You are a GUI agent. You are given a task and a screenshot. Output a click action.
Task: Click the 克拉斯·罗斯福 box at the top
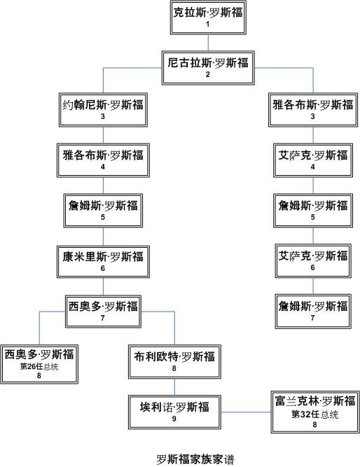coord(208,18)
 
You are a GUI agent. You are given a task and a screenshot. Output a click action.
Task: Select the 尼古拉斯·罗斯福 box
coord(208,68)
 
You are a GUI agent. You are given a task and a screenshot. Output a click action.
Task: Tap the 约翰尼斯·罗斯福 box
coord(103,110)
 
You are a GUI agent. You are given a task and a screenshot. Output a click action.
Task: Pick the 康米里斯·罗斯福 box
coord(103,261)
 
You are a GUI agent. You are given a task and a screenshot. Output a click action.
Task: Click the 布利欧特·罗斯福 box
coord(174,362)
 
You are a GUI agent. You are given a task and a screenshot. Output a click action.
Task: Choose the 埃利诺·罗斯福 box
coord(174,412)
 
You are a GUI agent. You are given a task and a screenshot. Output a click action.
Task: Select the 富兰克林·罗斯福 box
coord(315,412)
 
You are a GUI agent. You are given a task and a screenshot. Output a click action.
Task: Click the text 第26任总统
coord(39,366)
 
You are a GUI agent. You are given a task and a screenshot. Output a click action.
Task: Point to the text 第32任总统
coord(314,414)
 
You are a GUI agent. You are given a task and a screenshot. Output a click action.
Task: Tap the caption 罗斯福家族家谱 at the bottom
coord(195,459)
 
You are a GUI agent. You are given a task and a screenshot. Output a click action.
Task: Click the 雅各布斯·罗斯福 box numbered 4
coord(103,160)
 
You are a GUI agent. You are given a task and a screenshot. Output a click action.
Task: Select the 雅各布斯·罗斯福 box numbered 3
coord(313,110)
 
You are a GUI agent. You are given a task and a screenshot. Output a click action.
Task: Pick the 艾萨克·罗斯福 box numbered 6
coord(313,261)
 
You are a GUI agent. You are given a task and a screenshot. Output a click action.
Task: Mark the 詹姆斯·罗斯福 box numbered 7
coord(313,312)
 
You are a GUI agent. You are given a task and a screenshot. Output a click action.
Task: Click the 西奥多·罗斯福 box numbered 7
coord(103,312)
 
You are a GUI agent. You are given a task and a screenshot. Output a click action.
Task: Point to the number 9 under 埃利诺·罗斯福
coord(174,419)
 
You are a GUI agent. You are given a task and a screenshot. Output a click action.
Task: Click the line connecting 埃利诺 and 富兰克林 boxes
coord(246,412)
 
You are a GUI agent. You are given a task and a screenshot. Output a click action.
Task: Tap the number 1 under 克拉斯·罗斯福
coord(208,24)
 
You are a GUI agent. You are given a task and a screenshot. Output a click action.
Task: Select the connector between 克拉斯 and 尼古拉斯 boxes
coord(208,43)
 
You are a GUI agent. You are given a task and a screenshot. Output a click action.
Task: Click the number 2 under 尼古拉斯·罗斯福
coord(208,74)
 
